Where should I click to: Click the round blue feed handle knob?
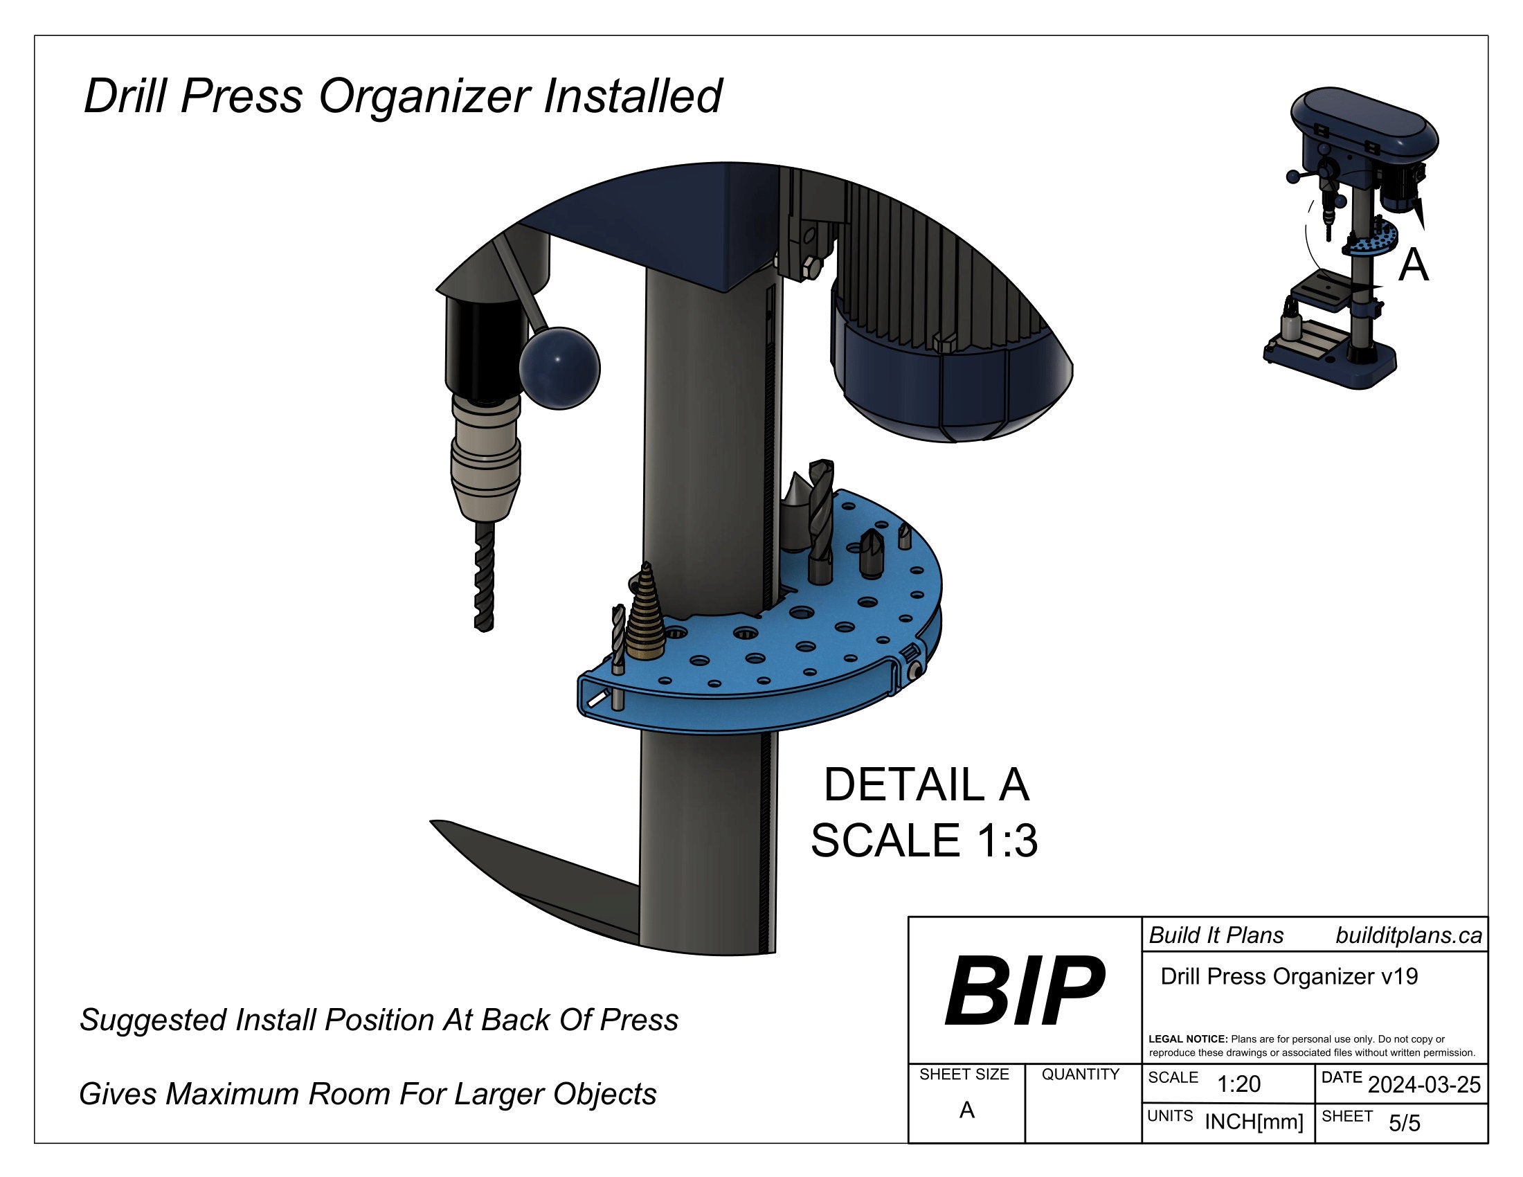(x=559, y=368)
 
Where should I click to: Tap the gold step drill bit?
(x=646, y=618)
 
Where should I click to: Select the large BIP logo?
(x=1024, y=991)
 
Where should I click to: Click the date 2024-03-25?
(x=1424, y=1085)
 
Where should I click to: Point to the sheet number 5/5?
(x=1404, y=1123)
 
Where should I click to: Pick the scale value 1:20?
(x=1238, y=1084)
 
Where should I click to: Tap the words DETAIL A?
(x=926, y=785)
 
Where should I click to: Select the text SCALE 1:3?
(x=924, y=841)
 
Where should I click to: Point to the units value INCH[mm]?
(x=1253, y=1122)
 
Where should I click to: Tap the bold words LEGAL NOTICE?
(x=1187, y=1039)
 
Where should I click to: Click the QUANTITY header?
(x=1080, y=1075)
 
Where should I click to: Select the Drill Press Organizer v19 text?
(x=1289, y=976)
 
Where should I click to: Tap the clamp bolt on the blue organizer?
(x=915, y=671)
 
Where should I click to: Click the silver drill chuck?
(x=485, y=457)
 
